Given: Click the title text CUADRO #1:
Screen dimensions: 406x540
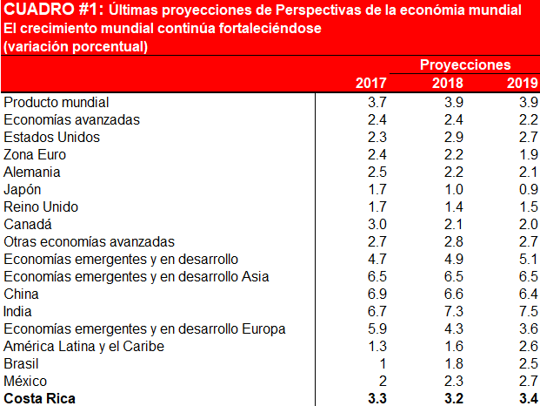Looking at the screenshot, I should (53, 10).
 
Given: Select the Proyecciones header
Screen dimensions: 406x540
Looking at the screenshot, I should (465, 64).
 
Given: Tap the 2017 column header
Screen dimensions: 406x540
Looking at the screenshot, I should (371, 83).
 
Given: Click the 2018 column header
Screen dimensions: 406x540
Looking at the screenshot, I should (447, 83).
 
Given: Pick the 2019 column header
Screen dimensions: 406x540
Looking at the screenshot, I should (522, 83).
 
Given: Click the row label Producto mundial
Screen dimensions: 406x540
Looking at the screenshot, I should (57, 102).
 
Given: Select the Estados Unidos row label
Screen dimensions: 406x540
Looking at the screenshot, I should (52, 137).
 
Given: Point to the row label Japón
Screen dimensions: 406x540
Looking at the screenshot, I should (23, 189).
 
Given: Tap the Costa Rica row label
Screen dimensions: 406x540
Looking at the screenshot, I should (40, 398).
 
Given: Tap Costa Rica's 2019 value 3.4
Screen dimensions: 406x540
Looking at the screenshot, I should (527, 398).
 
